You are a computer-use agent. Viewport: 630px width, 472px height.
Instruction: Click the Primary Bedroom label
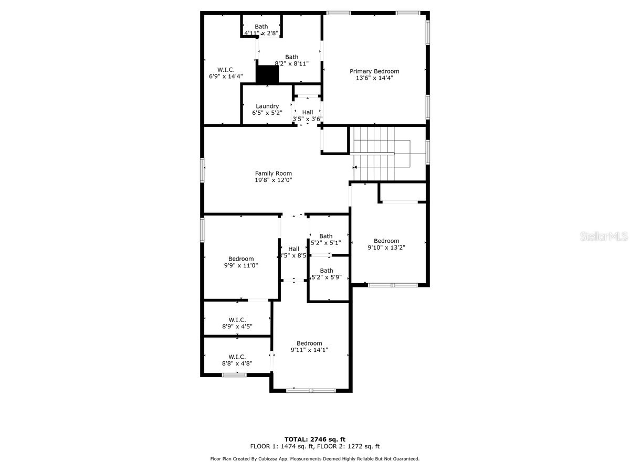click(374, 71)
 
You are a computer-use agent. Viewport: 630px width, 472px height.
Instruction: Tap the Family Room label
click(273, 174)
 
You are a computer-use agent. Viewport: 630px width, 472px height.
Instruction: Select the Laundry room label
click(267, 106)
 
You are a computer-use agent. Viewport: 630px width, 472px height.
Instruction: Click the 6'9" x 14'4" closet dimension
click(226, 77)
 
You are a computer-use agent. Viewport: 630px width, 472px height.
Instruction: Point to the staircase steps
click(373, 152)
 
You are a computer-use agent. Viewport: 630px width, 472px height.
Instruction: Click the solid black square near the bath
click(267, 74)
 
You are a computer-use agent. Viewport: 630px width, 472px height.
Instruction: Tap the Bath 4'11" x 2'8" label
click(261, 27)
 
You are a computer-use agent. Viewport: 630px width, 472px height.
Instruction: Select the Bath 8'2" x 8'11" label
click(291, 57)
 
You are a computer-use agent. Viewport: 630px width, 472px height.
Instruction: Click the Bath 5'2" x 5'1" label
click(326, 236)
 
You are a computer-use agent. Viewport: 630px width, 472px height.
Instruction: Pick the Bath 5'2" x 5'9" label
click(327, 271)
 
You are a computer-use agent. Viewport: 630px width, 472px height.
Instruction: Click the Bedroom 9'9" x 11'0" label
click(241, 259)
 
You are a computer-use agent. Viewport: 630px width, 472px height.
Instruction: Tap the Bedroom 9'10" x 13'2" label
click(386, 241)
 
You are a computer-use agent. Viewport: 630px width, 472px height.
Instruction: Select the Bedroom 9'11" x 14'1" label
click(309, 344)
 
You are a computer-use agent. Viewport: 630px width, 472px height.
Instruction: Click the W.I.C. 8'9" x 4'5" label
click(237, 320)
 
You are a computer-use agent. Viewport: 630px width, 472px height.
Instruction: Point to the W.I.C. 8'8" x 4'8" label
click(237, 357)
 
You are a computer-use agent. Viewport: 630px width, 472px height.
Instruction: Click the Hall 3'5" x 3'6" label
click(307, 112)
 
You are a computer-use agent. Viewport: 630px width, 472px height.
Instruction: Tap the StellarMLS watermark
click(603, 237)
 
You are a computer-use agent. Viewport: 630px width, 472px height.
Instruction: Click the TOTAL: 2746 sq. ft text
click(315, 439)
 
